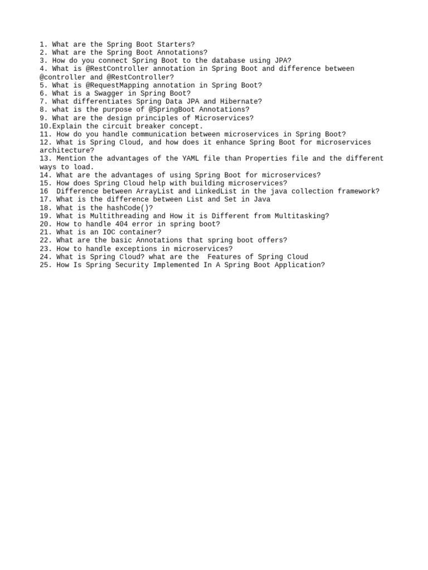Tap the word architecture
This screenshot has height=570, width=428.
[65, 150]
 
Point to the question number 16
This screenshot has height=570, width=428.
[44, 191]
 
